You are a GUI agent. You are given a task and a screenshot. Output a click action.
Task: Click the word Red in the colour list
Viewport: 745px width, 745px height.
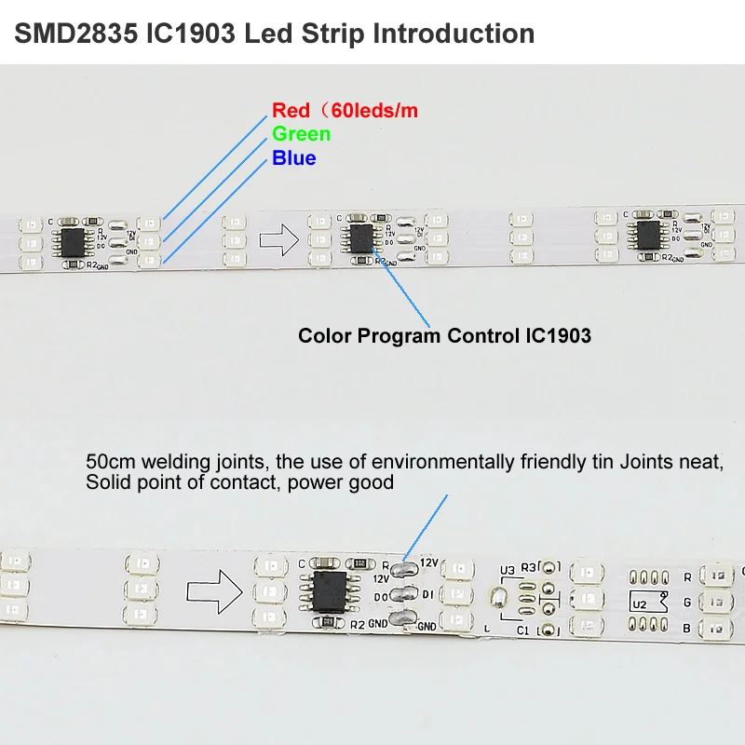point(291,111)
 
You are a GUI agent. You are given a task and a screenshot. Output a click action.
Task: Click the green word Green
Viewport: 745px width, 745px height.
point(301,134)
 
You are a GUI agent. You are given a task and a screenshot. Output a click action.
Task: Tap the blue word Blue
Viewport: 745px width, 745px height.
point(293,158)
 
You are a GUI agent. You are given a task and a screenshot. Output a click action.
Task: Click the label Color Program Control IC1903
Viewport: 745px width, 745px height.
point(444,335)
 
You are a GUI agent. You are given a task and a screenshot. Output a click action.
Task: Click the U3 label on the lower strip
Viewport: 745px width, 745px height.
point(507,569)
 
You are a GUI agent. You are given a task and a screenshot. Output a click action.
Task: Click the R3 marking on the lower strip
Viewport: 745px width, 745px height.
point(529,566)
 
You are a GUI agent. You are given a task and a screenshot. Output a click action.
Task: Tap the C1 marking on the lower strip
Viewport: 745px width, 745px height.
point(522,631)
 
